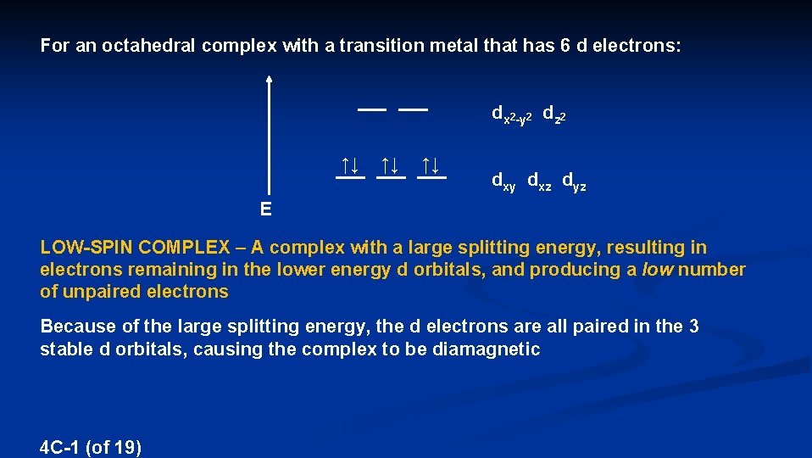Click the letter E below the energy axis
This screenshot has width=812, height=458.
tap(266, 209)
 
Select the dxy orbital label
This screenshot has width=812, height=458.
tap(503, 181)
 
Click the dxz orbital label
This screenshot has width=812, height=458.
tap(538, 181)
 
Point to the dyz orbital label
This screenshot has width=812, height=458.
tap(574, 181)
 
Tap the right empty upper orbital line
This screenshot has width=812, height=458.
tap(413, 109)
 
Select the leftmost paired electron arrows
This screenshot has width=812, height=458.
tap(349, 165)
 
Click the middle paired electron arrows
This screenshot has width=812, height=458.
tap(390, 165)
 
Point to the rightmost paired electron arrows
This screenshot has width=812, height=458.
tap(431, 165)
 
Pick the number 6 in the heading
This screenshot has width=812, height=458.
tap(565, 46)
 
